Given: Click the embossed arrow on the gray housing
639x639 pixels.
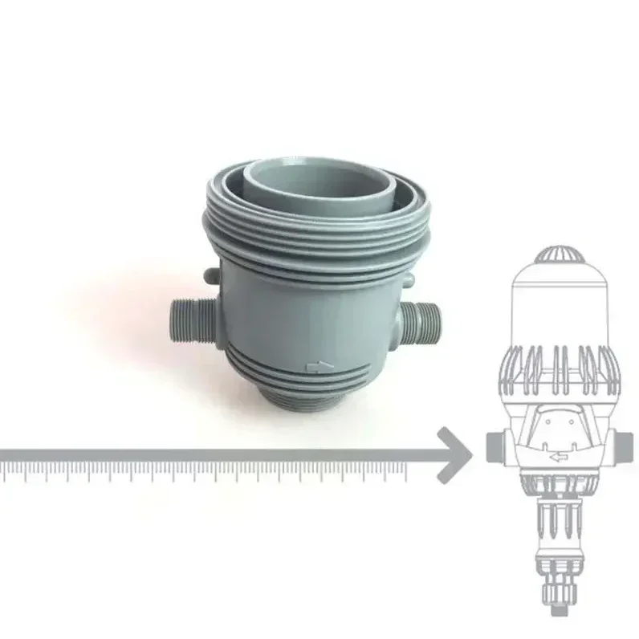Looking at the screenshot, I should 319,368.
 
